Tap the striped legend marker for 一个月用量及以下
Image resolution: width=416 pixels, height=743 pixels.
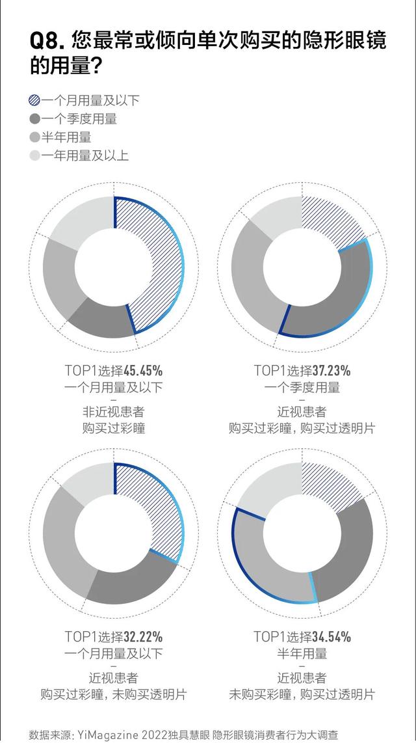point(34,100)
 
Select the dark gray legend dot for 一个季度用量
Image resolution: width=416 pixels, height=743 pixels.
point(34,119)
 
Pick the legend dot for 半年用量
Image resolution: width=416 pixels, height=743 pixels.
point(34,137)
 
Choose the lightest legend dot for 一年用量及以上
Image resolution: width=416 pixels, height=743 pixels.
point(34,155)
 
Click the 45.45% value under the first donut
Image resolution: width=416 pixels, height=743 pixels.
point(143,371)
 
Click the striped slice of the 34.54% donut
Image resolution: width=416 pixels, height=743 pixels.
point(331,485)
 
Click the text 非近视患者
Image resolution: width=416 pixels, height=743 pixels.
point(113,412)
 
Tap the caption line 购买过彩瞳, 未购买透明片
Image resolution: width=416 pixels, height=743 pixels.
point(113,695)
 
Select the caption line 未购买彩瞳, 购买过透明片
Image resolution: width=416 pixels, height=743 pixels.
point(302,695)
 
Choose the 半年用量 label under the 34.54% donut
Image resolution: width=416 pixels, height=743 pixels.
point(302,653)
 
